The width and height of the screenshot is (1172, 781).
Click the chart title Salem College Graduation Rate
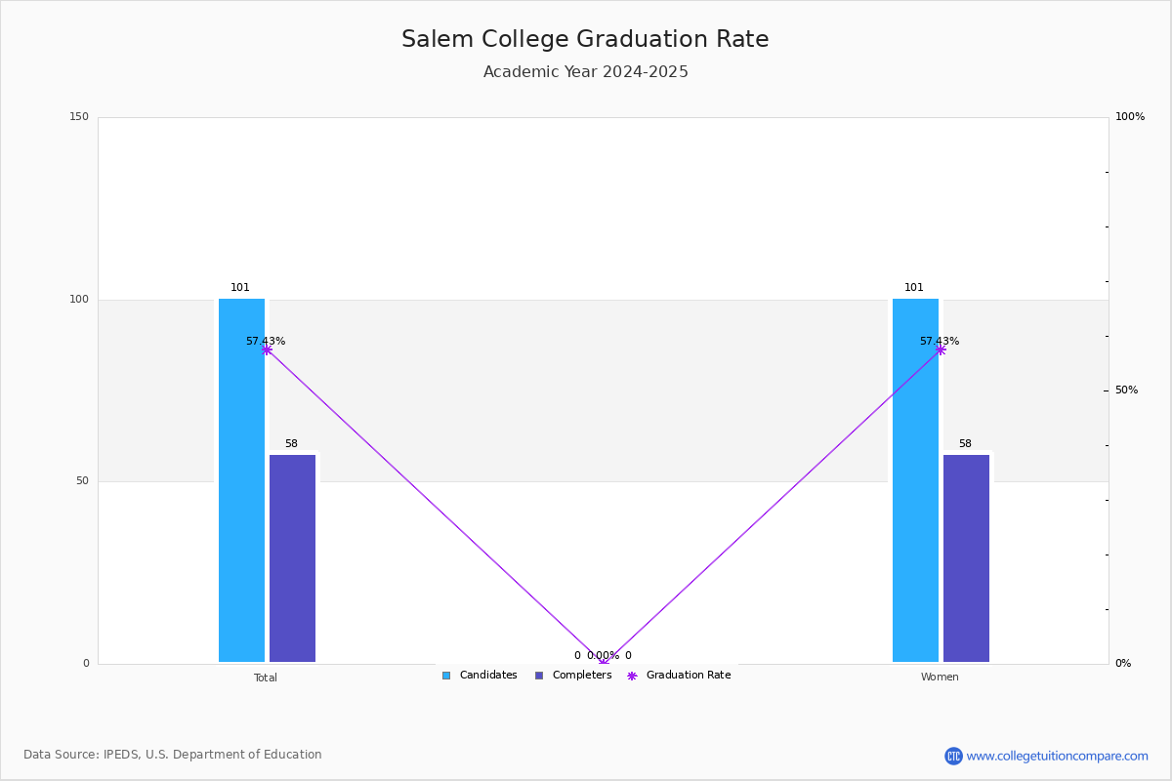(x=585, y=39)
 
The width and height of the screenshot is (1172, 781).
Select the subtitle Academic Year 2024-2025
(x=585, y=71)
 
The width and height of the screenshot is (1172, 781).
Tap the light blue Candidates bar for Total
(x=242, y=480)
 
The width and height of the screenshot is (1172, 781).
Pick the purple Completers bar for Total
(x=292, y=558)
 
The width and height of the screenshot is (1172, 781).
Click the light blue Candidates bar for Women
(x=916, y=480)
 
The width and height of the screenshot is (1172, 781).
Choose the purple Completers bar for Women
(x=966, y=558)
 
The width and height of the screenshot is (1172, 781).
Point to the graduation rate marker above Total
(x=267, y=349)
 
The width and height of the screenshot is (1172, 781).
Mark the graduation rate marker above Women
(x=941, y=349)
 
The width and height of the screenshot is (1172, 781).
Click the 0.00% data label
(x=603, y=655)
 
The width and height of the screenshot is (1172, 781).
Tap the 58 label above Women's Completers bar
(x=965, y=443)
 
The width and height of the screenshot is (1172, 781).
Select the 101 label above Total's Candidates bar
(x=240, y=287)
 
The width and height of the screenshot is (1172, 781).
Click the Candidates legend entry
(x=480, y=676)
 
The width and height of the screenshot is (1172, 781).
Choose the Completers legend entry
(x=573, y=676)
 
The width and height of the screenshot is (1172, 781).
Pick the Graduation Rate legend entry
(x=679, y=676)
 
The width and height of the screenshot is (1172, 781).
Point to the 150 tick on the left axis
(x=79, y=116)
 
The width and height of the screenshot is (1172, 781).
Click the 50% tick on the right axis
(x=1126, y=390)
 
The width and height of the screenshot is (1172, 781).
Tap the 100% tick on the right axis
(x=1130, y=116)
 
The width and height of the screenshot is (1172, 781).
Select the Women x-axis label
(x=940, y=677)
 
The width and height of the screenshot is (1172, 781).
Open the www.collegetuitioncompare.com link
(x=1057, y=756)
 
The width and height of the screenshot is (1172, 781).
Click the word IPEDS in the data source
(x=121, y=755)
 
